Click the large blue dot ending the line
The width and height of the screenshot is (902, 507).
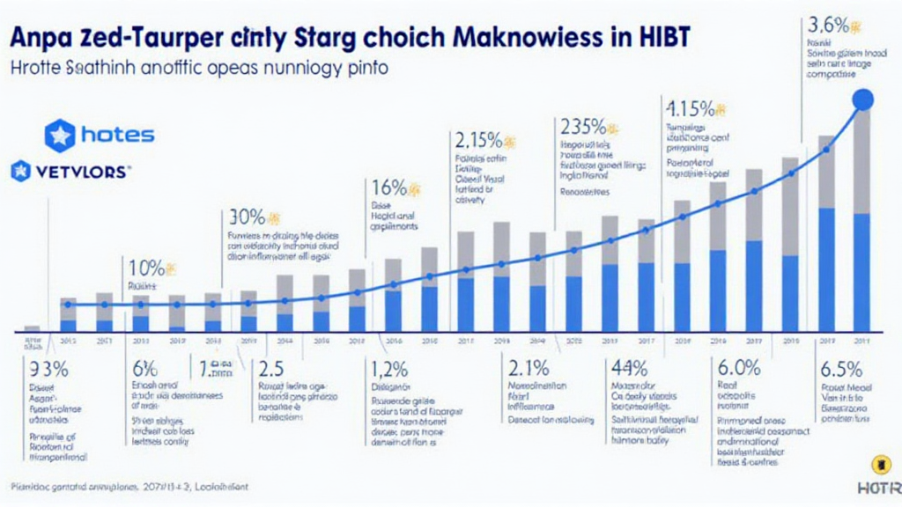tap(863, 100)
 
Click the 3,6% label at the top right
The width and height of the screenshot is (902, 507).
tap(828, 24)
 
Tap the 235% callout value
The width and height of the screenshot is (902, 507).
tap(580, 126)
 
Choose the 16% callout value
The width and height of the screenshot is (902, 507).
tap(388, 187)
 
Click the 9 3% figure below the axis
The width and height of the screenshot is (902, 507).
tap(49, 370)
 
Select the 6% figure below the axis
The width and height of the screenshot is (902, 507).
tap(144, 370)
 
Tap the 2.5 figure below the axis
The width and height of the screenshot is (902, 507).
tap(269, 370)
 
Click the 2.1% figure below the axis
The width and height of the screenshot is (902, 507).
tap(529, 370)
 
